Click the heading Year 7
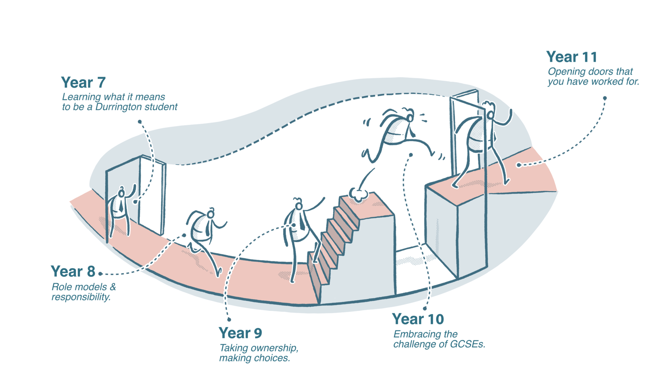click(x=83, y=82)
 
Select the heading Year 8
click(x=73, y=271)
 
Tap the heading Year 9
click(x=240, y=333)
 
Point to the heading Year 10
click(x=418, y=319)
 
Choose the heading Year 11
click(x=572, y=57)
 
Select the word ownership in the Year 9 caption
click(x=274, y=348)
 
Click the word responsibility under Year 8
click(x=81, y=297)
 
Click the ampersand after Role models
click(x=113, y=287)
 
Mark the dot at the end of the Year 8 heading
click(x=100, y=274)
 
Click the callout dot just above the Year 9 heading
click(x=229, y=320)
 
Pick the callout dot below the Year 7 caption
click(x=140, y=122)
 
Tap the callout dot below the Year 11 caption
click(x=605, y=98)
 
